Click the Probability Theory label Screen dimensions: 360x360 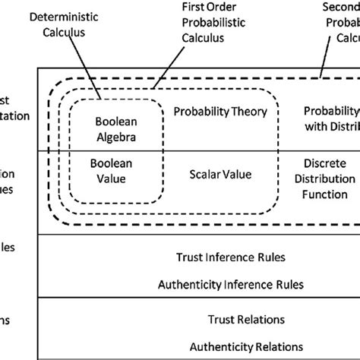click(x=220, y=112)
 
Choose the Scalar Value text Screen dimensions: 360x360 click(x=219, y=175)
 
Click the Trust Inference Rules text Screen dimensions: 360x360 click(x=231, y=257)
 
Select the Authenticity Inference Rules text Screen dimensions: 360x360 click(x=231, y=285)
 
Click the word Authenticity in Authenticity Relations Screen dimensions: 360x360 click(x=208, y=347)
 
